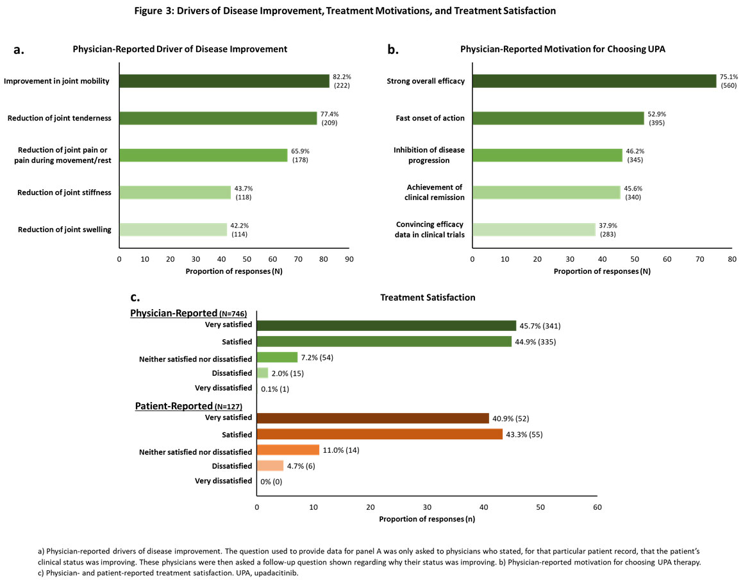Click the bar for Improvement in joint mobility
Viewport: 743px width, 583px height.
point(224,81)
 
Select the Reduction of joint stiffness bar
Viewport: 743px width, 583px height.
point(174,192)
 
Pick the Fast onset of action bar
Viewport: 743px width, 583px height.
point(558,118)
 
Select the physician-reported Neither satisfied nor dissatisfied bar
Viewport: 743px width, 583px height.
point(277,357)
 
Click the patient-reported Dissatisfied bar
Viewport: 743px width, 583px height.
point(270,466)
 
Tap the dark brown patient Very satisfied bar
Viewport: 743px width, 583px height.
point(372,418)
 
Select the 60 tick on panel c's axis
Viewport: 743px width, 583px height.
point(597,507)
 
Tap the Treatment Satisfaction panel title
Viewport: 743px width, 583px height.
point(428,298)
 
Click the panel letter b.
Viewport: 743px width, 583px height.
point(393,49)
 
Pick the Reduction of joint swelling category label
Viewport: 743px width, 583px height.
point(64,230)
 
